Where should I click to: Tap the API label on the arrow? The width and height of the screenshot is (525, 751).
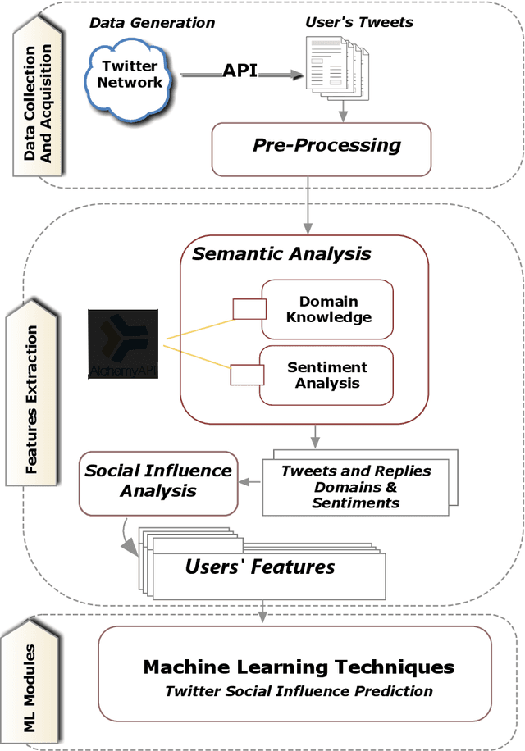pos(240,71)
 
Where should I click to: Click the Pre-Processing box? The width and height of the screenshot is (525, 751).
pos(321,147)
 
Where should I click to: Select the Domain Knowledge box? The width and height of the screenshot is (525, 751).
pos(327,309)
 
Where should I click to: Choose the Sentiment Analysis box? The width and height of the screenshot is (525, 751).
pos(327,375)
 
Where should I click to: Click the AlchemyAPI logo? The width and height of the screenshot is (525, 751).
pos(123,344)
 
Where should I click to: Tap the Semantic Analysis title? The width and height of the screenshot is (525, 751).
pos(281,253)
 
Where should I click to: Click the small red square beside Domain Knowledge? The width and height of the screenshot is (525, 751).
pos(249,309)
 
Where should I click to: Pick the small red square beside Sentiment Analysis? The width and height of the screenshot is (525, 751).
pos(247,375)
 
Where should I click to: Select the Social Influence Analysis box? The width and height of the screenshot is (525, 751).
pos(158,481)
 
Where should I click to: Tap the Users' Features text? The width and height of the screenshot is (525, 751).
pos(259,567)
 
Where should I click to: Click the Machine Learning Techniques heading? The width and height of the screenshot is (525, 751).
pos(299,667)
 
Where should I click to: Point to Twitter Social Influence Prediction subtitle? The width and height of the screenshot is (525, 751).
pos(299,691)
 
